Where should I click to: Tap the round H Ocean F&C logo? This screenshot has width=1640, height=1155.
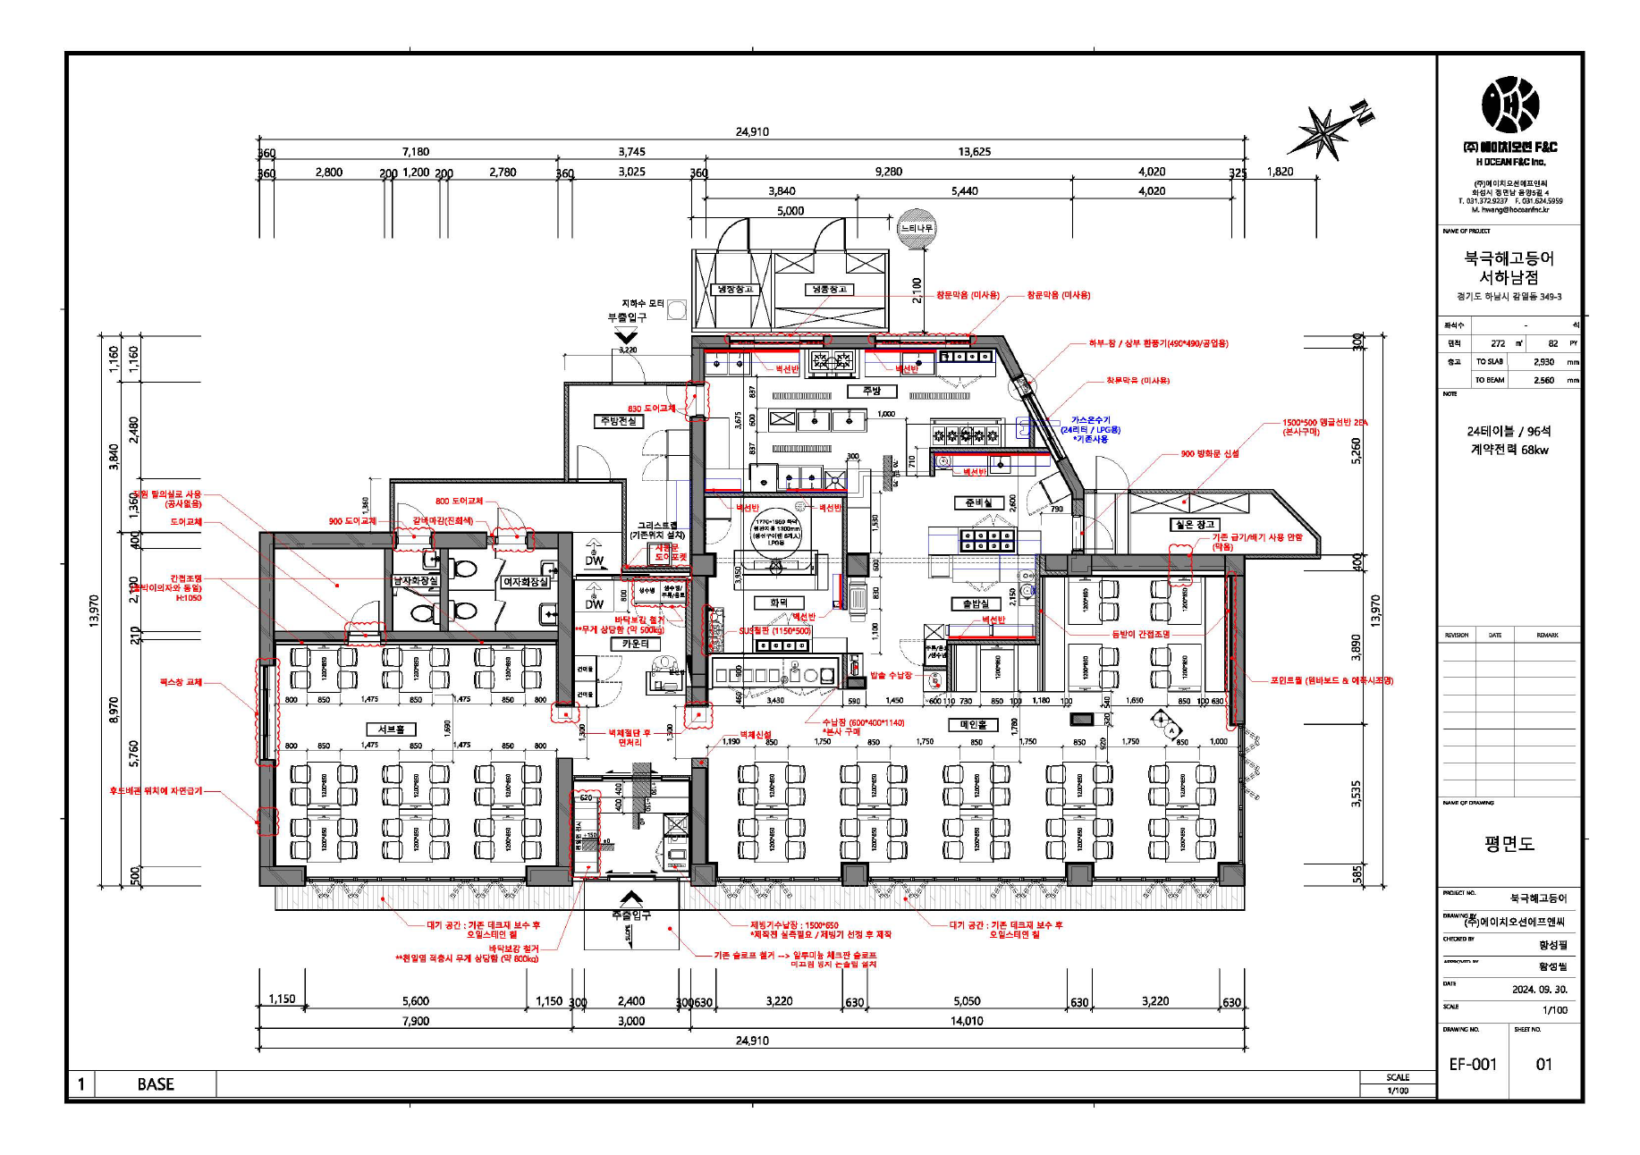[x=1510, y=105]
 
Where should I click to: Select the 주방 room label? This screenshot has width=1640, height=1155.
[x=872, y=391]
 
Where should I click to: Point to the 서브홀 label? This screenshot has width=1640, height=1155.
[x=391, y=729]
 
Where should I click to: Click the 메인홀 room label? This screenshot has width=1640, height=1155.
[x=973, y=724]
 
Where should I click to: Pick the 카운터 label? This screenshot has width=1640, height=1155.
[x=635, y=644]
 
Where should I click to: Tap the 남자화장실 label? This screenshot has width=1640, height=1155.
[x=417, y=581]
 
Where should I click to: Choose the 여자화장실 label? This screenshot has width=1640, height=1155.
[x=525, y=582]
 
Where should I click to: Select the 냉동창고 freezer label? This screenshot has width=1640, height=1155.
[x=828, y=290]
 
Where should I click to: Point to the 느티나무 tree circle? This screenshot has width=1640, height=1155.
[x=917, y=228]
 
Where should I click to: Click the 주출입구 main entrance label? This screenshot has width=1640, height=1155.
[x=631, y=915]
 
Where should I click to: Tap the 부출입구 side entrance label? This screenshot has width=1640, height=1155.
[x=627, y=317]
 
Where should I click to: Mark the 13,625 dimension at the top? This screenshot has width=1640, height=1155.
[x=974, y=152]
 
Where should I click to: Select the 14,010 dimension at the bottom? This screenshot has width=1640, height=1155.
[x=967, y=1021]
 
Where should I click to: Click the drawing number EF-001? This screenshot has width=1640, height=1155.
[x=1472, y=1064]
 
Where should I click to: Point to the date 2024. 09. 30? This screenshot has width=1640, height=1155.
[x=1540, y=990]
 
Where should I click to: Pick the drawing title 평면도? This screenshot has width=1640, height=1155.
[x=1509, y=844]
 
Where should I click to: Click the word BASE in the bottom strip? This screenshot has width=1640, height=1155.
[x=156, y=1084]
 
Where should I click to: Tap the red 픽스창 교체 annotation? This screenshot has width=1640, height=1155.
[x=181, y=682]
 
